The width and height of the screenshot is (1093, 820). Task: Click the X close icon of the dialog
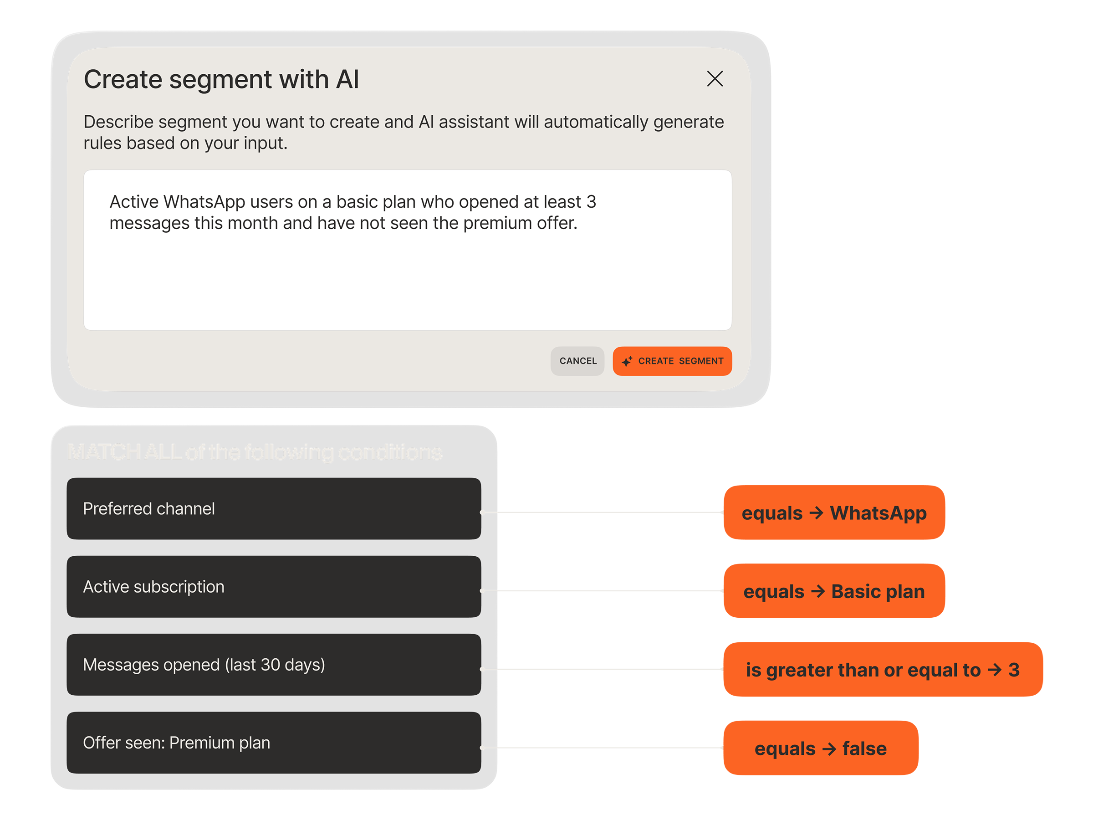point(715,79)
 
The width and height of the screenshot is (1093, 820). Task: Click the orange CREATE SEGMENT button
point(672,361)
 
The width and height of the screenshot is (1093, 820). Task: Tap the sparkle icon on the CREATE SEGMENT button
point(627,361)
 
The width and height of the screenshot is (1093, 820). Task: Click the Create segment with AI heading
point(221,80)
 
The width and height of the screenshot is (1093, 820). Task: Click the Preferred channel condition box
point(274,508)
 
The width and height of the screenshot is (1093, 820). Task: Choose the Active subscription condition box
point(274,587)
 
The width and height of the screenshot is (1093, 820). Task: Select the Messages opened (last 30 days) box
point(274,665)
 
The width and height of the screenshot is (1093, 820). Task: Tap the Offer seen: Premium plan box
point(274,743)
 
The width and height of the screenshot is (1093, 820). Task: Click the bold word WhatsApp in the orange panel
point(878,513)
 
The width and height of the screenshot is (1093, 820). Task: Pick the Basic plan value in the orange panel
point(878,592)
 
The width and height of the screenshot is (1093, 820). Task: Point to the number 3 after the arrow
point(1014,670)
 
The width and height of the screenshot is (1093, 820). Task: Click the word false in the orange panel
point(864,748)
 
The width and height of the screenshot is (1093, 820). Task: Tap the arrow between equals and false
point(829,749)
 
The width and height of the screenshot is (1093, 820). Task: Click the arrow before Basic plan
point(818,591)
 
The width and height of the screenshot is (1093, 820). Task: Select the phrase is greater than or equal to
point(863,670)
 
